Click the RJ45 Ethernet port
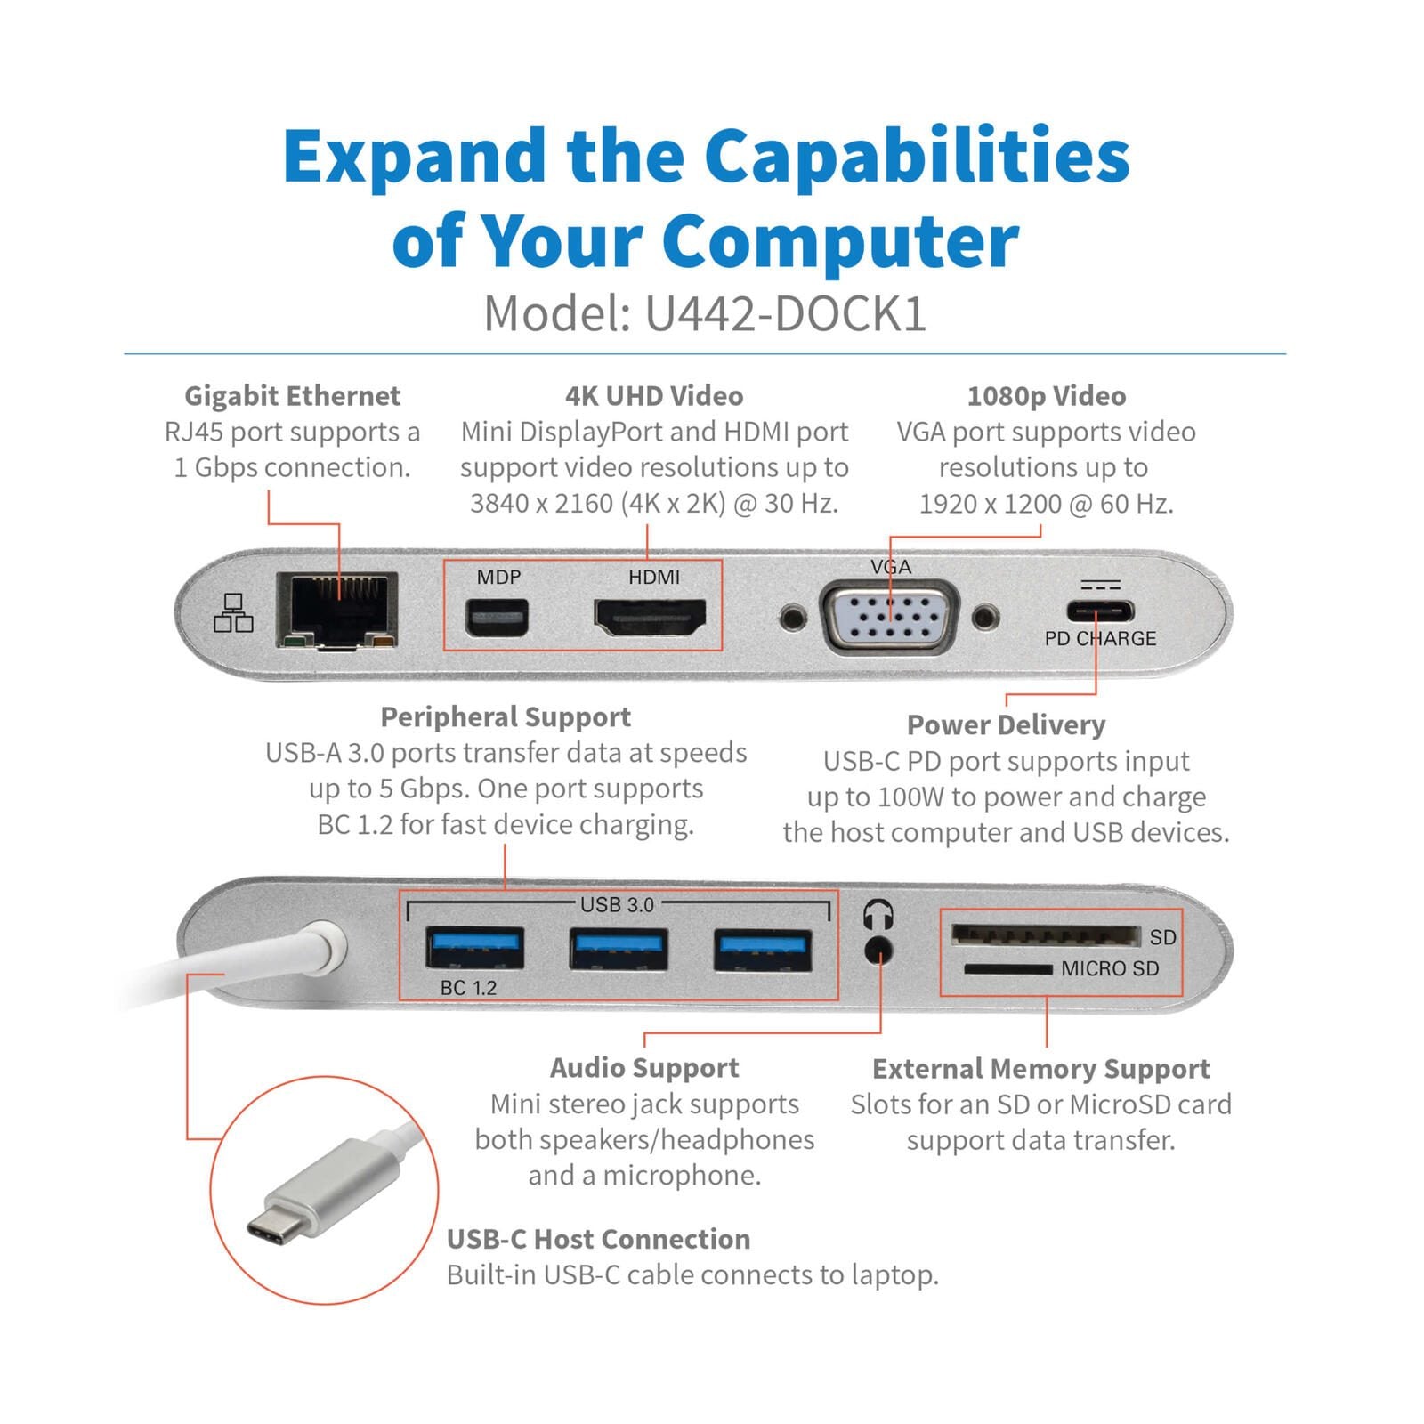(x=336, y=611)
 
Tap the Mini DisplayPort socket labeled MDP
(x=497, y=618)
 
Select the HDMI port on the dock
(x=650, y=618)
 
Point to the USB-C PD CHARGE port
(x=1100, y=612)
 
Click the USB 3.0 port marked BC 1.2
(x=474, y=948)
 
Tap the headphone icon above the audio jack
(x=878, y=914)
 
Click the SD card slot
(x=1045, y=935)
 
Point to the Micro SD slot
(x=1007, y=968)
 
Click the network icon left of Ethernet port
(x=233, y=613)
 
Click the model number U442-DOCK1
(x=785, y=313)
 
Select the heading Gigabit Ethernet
(x=292, y=396)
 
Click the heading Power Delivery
(x=1006, y=725)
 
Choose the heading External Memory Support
(x=1040, y=1068)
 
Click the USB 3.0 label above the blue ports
(x=617, y=905)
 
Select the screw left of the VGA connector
(x=792, y=617)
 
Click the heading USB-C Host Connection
(x=598, y=1239)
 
